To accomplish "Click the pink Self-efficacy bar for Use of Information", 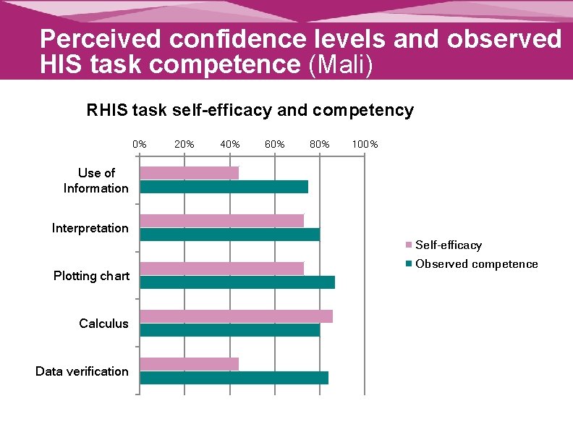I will (x=189, y=173).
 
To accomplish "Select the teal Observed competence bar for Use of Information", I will (x=224, y=187).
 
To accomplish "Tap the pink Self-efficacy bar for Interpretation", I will (x=221, y=221).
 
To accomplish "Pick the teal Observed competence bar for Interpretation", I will (x=229, y=235).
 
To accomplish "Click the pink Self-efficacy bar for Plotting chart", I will (x=221, y=269).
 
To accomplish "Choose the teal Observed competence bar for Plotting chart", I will (x=237, y=282).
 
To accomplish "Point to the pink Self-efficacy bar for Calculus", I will (x=236, y=316).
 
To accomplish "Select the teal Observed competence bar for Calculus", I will (x=229, y=330).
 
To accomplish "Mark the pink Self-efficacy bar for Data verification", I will (x=189, y=364).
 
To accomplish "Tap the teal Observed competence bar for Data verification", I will (x=234, y=378).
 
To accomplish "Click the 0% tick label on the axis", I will (x=140, y=144).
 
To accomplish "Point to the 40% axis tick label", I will (x=229, y=144).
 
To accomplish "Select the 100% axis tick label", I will (x=364, y=144).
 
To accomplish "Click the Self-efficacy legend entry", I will (x=448, y=245).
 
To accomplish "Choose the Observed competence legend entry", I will (x=476, y=264).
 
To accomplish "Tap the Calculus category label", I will (x=103, y=324).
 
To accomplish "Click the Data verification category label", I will (x=82, y=371).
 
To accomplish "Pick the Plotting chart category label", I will (x=91, y=276).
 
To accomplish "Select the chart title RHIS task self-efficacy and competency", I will (x=250, y=111).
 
